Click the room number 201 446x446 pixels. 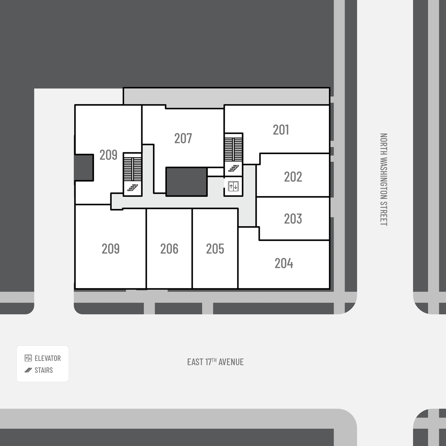pos(281,130)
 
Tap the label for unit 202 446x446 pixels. pos(293,177)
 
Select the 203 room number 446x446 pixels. pos(293,219)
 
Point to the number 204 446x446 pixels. pos(284,263)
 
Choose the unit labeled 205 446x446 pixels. pos(215,249)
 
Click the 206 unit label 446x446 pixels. pos(169,249)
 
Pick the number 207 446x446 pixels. pos(183,139)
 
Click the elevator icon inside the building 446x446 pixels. pos(233,186)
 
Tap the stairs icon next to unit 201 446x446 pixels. pos(233,169)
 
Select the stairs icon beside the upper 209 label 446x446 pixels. pos(133,188)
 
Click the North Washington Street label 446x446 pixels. pos(384,179)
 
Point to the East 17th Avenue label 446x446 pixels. pos(215,362)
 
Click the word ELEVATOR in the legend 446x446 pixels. pos(48,358)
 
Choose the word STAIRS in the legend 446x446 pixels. pos(44,370)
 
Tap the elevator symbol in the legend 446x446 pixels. pos(28,358)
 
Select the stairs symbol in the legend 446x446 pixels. pos(28,370)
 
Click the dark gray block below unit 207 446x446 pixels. pos(186,182)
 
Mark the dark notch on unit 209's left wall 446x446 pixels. pos(84,167)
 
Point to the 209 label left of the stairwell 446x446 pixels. pos(108,155)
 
